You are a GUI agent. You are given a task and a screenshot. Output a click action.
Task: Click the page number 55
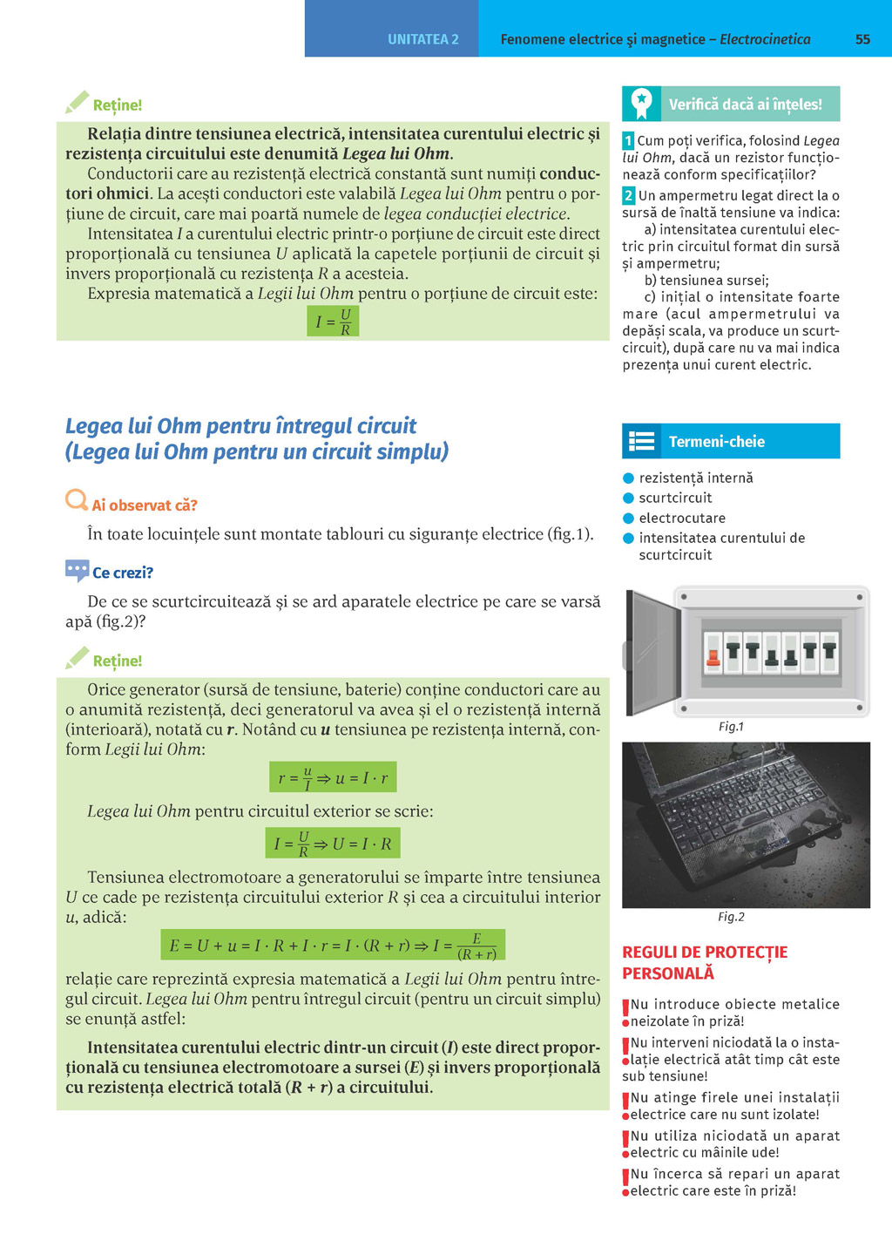click(x=862, y=39)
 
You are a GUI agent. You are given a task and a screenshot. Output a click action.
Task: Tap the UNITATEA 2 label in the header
click(x=422, y=39)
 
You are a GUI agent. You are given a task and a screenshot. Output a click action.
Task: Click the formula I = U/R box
click(x=333, y=322)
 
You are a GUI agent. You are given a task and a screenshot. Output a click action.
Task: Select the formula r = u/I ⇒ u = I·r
click(x=333, y=777)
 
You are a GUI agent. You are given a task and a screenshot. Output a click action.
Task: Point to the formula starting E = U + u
click(x=333, y=946)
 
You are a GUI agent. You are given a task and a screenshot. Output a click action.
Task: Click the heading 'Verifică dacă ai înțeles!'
click(x=745, y=105)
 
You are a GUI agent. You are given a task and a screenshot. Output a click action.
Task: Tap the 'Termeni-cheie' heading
click(x=716, y=442)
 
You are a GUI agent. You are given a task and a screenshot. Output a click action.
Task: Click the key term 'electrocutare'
click(x=681, y=519)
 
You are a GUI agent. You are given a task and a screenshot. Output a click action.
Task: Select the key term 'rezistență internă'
click(x=695, y=478)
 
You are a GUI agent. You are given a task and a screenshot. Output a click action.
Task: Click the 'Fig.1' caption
click(x=731, y=727)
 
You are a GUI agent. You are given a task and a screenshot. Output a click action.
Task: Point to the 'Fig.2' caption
click(x=731, y=917)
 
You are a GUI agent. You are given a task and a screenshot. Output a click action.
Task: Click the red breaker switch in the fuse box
click(x=713, y=654)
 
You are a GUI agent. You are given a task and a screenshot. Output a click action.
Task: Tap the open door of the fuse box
click(x=652, y=649)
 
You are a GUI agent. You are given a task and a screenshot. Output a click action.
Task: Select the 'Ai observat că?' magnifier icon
click(x=77, y=500)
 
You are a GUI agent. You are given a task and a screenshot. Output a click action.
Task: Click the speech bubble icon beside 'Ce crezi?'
click(x=77, y=571)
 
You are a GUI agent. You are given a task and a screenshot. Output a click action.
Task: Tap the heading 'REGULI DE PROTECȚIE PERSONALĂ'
click(x=704, y=962)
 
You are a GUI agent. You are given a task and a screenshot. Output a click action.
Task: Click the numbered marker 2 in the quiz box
click(x=628, y=196)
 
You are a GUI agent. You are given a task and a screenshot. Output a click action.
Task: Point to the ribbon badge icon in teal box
click(x=641, y=104)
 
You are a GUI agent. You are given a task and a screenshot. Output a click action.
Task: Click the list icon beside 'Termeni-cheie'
click(x=642, y=442)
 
